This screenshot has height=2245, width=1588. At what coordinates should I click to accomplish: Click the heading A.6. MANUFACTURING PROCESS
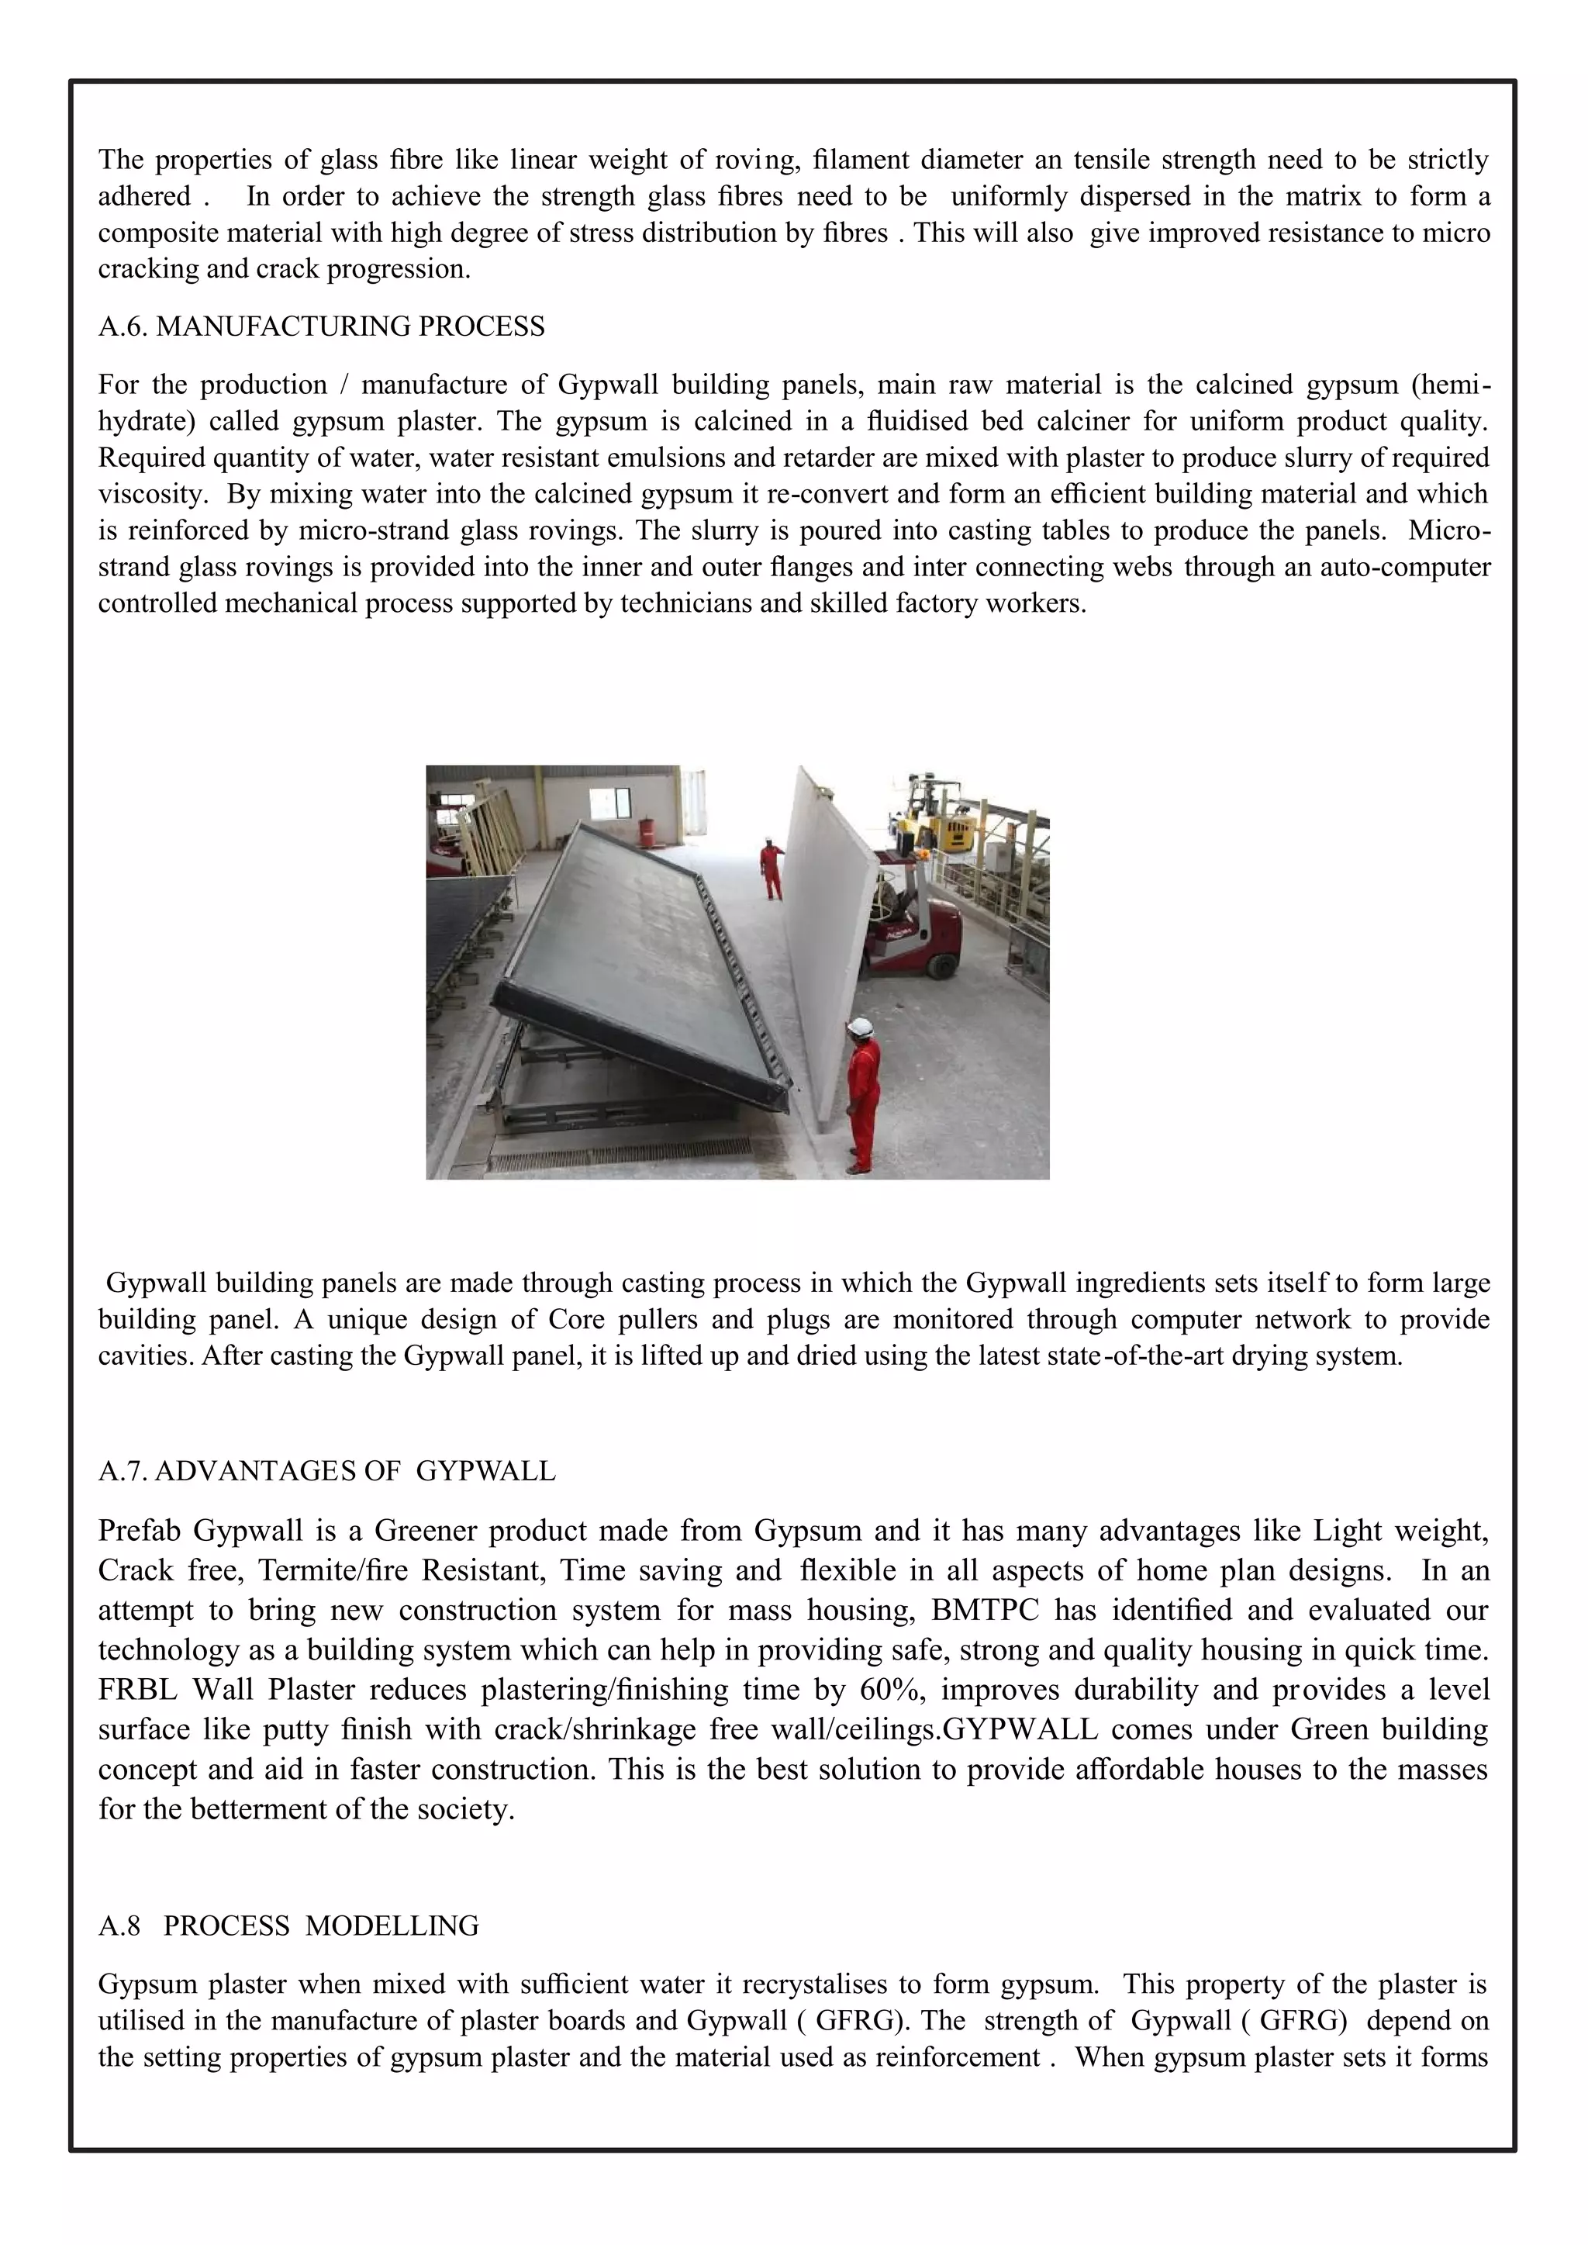click(x=321, y=326)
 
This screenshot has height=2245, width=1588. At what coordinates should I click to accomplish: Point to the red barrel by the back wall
click(x=647, y=833)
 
